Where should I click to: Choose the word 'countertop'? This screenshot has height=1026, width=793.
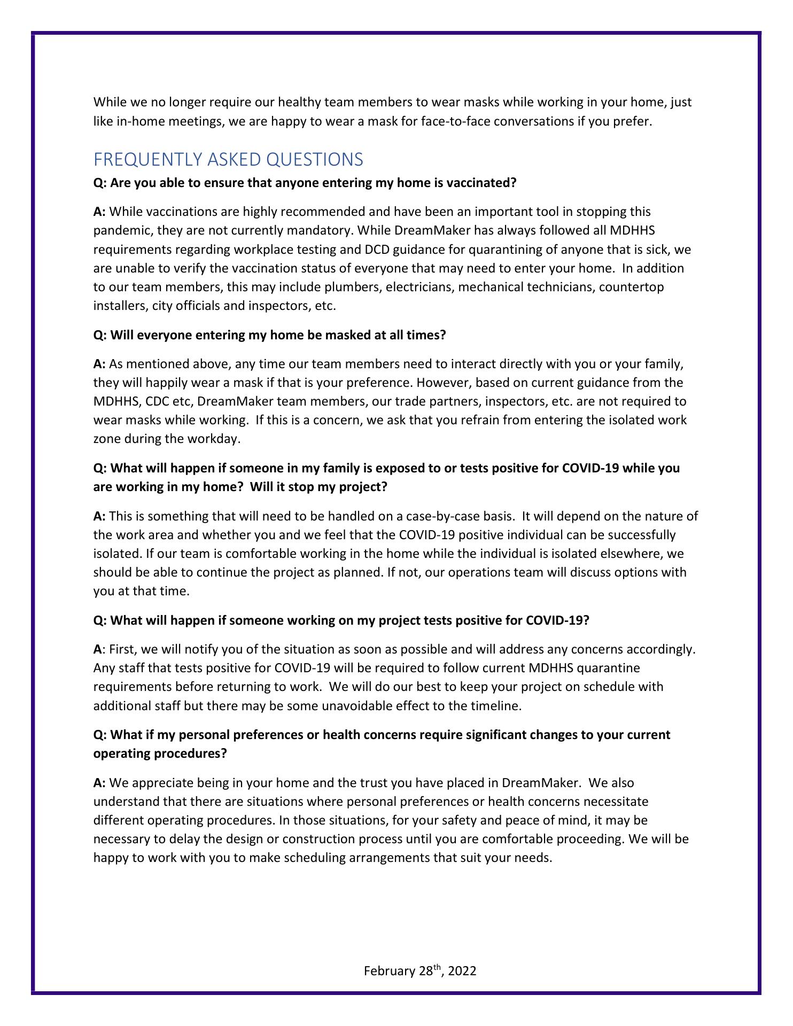631,287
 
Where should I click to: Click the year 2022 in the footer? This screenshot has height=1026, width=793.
462,971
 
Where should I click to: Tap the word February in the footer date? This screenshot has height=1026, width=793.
390,971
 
